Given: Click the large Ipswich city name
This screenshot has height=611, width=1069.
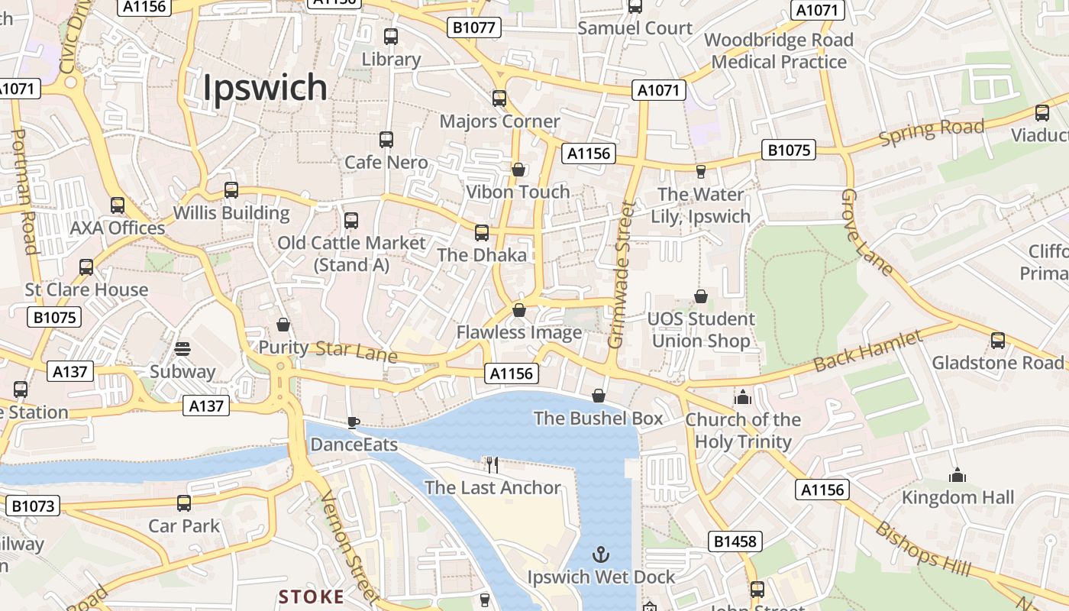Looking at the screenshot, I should tap(265, 89).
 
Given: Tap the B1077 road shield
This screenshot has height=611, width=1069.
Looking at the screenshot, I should tap(473, 28).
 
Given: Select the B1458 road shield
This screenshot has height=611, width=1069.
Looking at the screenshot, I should tap(735, 541).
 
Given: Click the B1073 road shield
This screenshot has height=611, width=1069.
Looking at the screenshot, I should tap(33, 506).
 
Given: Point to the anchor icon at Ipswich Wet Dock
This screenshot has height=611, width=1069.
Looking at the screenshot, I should tap(602, 554).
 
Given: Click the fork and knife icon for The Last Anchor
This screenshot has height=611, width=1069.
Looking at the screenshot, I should tap(493, 464).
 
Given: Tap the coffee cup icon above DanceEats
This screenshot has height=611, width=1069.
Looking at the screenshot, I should tap(353, 422).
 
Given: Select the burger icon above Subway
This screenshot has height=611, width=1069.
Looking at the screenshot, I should tap(182, 349).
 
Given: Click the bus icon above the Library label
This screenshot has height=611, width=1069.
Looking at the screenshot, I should tap(391, 36).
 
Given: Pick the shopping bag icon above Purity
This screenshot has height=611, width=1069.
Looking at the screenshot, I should tap(283, 325).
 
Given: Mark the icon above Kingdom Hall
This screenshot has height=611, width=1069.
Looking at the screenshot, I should tap(958, 476).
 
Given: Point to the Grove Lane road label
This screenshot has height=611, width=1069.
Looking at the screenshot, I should tap(865, 232).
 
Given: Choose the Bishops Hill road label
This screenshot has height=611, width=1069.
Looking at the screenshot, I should tap(922, 550).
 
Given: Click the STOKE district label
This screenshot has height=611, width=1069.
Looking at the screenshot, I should tap(312, 596).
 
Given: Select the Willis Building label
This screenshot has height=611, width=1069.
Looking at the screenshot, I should tap(231, 213).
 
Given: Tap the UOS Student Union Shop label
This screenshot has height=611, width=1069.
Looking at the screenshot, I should tap(701, 330).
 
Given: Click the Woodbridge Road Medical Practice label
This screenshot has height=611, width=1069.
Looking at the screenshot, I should tap(779, 51).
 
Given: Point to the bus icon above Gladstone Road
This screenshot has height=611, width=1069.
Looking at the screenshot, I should tap(997, 340).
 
